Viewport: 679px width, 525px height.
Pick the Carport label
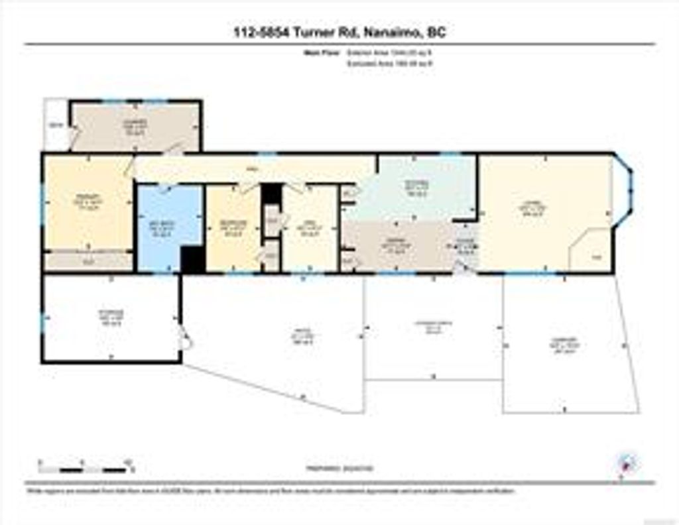(x=565, y=345)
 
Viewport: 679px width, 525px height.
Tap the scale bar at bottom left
(x=86, y=468)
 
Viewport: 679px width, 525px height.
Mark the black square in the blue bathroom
(x=192, y=259)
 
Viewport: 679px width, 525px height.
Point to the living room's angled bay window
(x=625, y=192)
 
